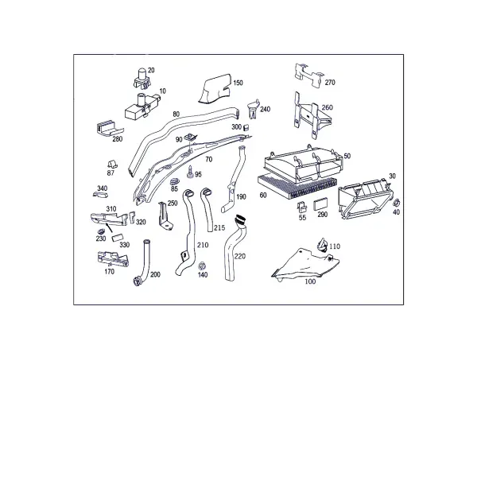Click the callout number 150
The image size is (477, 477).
[x=238, y=83]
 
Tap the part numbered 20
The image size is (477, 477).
[x=142, y=79]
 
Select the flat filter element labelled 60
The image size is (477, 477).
[x=297, y=187]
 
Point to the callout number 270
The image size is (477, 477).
[x=330, y=83]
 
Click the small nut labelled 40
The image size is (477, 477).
[x=397, y=203]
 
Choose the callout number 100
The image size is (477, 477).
[x=310, y=281]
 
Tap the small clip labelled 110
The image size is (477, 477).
[x=323, y=245]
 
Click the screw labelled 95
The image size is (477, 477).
[x=191, y=173]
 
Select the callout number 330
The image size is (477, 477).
[x=124, y=245]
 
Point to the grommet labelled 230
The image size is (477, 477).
[x=101, y=232]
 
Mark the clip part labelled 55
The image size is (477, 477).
[x=301, y=207]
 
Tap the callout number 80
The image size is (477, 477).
[x=176, y=114]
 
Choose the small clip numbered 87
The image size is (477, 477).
[x=112, y=165]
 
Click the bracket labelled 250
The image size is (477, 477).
[x=165, y=215]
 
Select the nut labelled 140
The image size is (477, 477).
[x=201, y=266]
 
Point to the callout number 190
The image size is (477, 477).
[x=241, y=197]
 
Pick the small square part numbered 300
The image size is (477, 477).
[x=247, y=127]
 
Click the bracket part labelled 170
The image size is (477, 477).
[x=113, y=258]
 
